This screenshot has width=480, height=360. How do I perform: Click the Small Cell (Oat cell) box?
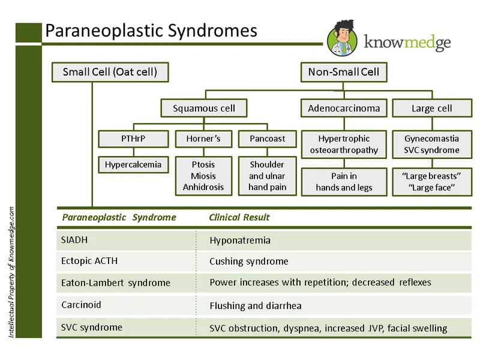(110, 73)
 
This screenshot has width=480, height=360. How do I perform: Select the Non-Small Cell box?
(344, 73)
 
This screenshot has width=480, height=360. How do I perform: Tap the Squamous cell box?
(204, 109)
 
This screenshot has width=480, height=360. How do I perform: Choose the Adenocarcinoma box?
(344, 109)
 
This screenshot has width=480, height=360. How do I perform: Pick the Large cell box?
(431, 109)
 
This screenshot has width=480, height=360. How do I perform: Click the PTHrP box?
(133, 139)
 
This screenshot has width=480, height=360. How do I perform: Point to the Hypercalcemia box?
(133, 164)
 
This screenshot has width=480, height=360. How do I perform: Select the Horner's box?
(203, 139)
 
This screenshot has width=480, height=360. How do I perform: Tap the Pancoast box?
(267, 139)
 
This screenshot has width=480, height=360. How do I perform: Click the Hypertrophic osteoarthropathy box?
(344, 144)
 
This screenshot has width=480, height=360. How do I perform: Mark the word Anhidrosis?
(203, 187)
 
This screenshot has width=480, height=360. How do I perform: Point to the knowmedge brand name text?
(408, 42)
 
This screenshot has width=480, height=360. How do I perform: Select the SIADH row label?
(74, 240)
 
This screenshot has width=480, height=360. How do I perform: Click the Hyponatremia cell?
(240, 241)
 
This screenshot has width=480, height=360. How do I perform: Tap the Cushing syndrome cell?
(249, 262)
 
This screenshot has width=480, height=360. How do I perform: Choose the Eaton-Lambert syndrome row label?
(116, 283)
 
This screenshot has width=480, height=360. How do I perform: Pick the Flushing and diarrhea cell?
(256, 305)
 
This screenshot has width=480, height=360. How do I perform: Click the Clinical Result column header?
(239, 217)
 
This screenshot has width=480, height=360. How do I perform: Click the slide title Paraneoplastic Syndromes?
(152, 31)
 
